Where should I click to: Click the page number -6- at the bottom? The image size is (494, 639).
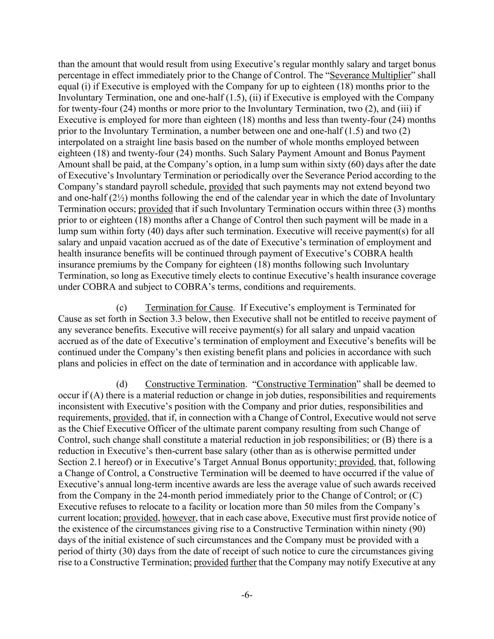pyautogui.click(x=247, y=595)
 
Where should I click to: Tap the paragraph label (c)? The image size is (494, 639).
pyautogui.click(x=121, y=308)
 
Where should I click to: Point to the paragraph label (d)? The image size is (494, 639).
pyautogui.click(x=122, y=384)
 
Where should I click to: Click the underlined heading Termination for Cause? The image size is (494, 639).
pyautogui.click(x=189, y=308)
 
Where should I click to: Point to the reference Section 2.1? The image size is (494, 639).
pyautogui.click(x=74, y=462)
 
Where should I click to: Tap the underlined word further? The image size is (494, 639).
pyautogui.click(x=243, y=562)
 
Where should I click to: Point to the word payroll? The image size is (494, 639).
pyautogui.click(x=168, y=187)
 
